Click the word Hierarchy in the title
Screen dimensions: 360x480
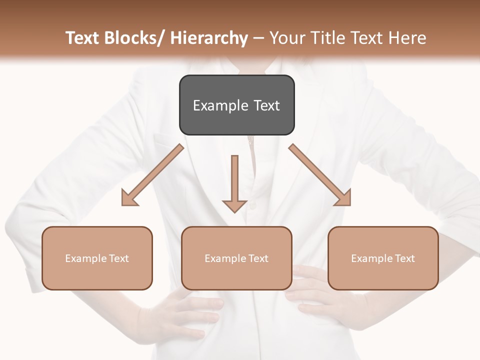pos(209,38)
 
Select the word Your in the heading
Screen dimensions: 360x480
pos(287,38)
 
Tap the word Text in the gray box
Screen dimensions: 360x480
pos(266,105)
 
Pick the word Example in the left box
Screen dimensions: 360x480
pos(86,258)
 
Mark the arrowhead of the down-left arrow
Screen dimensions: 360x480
pos(129,198)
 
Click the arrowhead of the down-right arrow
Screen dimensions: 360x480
pos(343,198)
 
